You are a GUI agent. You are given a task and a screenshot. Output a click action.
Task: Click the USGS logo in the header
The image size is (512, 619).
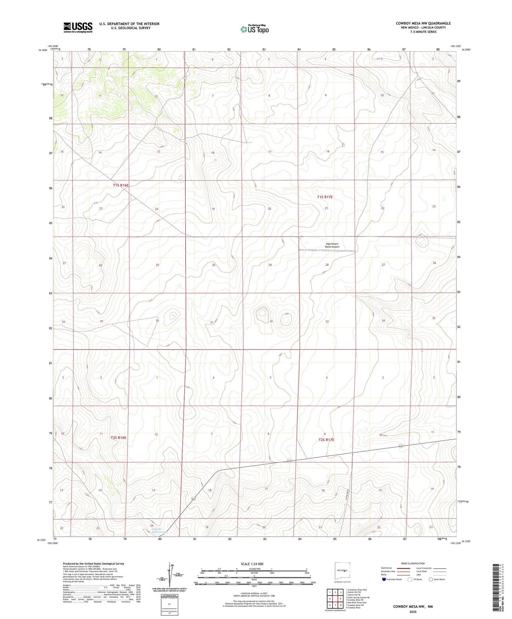pyautogui.click(x=78, y=27)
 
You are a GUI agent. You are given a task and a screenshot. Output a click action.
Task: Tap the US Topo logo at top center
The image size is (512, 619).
pyautogui.click(x=254, y=29)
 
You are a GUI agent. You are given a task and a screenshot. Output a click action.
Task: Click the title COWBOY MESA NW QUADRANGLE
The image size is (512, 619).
pyautogui.click(x=423, y=23)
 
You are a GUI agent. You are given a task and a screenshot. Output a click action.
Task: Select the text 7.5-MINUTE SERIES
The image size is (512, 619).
pyautogui.click(x=423, y=32)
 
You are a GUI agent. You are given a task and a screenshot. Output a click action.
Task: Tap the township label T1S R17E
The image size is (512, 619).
pyautogui.click(x=325, y=197)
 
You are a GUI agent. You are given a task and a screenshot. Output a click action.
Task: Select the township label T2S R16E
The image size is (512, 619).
pyautogui.click(x=118, y=437)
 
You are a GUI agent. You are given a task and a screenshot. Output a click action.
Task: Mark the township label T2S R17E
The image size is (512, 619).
pyautogui.click(x=326, y=440)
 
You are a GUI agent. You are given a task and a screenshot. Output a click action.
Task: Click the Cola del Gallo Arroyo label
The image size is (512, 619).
pyautogui.click(x=159, y=530)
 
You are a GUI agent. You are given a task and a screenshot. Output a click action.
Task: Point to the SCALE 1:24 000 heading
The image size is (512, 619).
pyautogui.click(x=252, y=564)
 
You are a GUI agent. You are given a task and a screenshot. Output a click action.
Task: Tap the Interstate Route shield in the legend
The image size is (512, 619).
pyautogui.click(x=384, y=579)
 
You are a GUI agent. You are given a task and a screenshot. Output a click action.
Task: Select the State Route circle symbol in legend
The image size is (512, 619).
pyautogui.click(x=431, y=579)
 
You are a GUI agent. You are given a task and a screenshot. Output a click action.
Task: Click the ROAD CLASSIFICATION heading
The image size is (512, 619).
pyautogui.click(x=413, y=563)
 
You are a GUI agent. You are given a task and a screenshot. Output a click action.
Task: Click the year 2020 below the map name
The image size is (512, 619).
pyautogui.click(x=413, y=612)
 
